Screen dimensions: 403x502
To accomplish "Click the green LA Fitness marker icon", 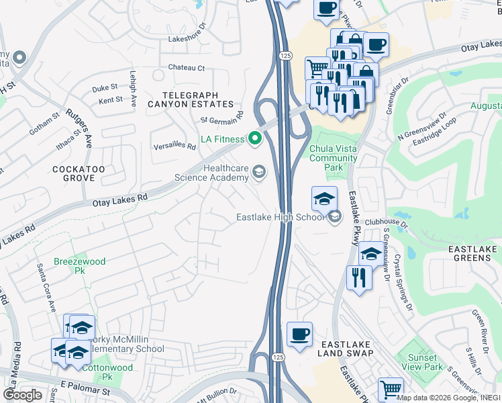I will pos(254,140).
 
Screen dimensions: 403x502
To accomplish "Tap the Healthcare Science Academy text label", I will pos(211,173).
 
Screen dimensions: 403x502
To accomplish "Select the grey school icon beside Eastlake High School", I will pos(334,216).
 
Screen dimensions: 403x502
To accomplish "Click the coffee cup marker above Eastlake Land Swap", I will pos(299,334).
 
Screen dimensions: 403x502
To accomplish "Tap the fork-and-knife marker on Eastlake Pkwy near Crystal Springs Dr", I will pos(358,277).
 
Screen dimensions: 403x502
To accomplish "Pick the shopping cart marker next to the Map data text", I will pos(390,388).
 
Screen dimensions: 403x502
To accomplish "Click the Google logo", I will pos(22,395).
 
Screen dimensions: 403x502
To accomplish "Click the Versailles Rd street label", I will pos(174,145).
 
